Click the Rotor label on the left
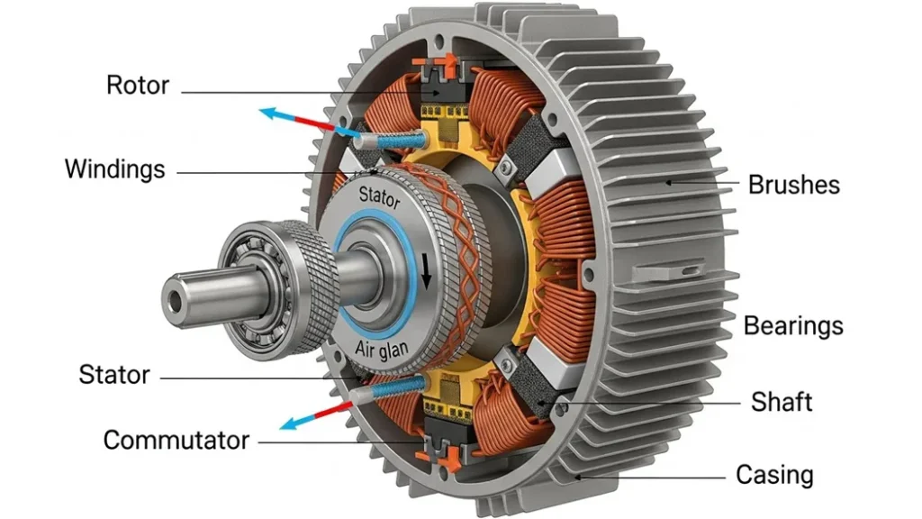[138, 86]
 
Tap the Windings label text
[115, 168]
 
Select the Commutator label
[176, 441]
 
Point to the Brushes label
[793, 185]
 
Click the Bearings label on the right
[793, 325]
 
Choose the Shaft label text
[782, 402]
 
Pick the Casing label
[774, 474]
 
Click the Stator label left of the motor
[114, 374]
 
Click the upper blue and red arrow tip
[262, 112]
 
